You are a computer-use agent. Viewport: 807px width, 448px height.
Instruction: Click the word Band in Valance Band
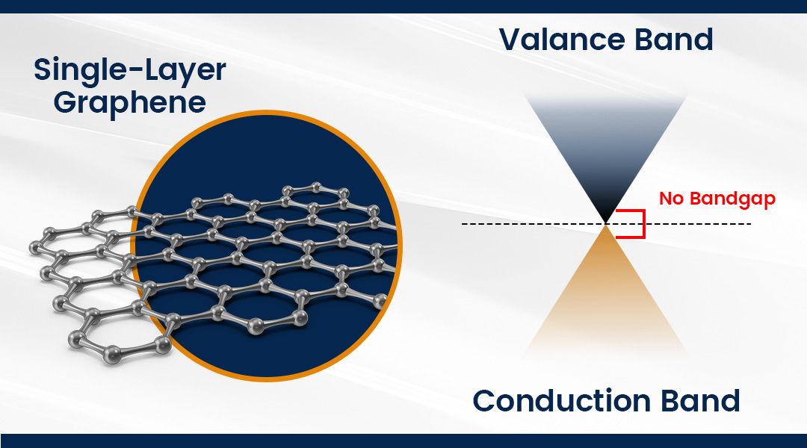[675, 39]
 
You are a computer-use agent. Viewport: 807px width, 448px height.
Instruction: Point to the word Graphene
[129, 102]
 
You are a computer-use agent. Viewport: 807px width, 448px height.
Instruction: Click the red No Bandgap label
[717, 199]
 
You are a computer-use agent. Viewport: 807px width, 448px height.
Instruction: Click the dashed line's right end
[749, 224]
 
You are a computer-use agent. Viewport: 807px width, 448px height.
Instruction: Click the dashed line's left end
[463, 224]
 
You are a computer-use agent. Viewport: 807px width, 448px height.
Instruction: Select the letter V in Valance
[511, 39]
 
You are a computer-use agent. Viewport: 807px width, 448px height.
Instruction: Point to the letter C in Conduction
[486, 401]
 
